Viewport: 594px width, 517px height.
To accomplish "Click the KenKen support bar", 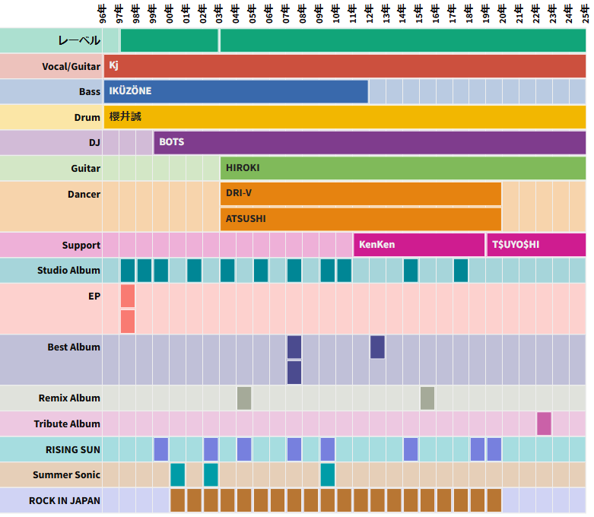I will click(376, 245).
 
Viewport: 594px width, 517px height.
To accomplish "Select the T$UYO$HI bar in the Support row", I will click(515, 245).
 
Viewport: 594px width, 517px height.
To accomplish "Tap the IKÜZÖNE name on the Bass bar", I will click(130, 91).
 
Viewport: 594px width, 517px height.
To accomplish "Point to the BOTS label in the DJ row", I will click(171, 142).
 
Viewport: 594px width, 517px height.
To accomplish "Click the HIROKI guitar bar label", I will click(243, 168).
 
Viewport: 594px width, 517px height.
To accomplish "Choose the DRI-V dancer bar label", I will click(239, 193).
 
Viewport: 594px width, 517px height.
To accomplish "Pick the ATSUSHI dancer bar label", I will click(246, 219).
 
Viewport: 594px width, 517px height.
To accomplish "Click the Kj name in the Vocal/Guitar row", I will click(114, 65).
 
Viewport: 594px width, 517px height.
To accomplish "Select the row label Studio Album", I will click(68, 271).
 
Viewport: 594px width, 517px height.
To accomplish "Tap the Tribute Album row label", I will click(67, 423).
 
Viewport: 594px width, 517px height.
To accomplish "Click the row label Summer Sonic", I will click(66, 474).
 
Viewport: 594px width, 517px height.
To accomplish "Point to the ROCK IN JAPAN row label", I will click(65, 500).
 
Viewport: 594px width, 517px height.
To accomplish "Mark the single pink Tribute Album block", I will click(544, 423).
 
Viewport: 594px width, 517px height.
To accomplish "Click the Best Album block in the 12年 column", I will click(377, 347).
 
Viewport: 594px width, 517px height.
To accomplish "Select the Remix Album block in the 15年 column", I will click(427, 398).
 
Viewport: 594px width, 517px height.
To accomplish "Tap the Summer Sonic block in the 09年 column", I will click(327, 474).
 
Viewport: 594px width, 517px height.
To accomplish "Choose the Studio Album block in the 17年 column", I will click(461, 271).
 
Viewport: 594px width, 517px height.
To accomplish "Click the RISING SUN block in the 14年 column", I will click(411, 449).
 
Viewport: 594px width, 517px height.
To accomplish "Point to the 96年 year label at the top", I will click(103, 14).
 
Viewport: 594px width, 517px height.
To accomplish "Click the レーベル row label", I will click(79, 40).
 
